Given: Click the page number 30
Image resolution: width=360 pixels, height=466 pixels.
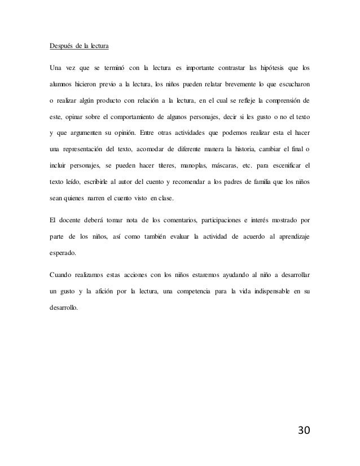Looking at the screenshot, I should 304,431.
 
